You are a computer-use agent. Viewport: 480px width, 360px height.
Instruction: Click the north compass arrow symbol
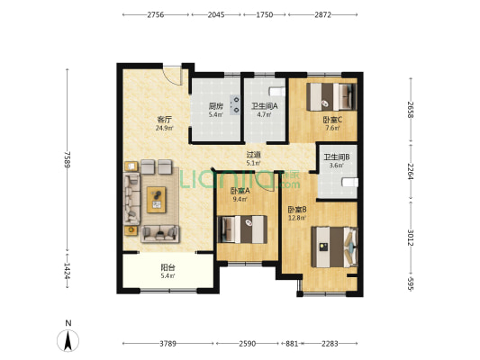[x=68, y=341]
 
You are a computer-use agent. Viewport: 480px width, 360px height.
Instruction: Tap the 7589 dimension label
[x=68, y=159]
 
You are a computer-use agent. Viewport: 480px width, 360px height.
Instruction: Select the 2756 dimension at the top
[x=156, y=14]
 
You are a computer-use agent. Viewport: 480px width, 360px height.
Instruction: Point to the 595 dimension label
[x=411, y=284]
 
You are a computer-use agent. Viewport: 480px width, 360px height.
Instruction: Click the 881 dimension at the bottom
[x=292, y=344]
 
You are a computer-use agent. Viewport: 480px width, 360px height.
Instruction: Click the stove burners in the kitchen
[x=236, y=104]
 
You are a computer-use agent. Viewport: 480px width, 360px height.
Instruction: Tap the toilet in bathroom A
[x=277, y=91]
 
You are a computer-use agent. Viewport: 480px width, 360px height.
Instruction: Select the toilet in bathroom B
[x=350, y=183]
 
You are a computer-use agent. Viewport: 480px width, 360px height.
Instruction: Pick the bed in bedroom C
[x=331, y=96]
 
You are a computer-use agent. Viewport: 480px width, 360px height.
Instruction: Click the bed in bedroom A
[x=242, y=229]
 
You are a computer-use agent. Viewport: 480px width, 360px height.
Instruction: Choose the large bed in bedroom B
[x=335, y=247]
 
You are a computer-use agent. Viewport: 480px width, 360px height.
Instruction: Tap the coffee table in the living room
[x=157, y=200]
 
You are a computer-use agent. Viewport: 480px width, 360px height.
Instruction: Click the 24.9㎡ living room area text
[x=165, y=128]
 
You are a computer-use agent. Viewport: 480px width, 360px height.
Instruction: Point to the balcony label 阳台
[x=168, y=267]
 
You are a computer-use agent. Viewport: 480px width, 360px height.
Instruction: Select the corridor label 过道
[x=254, y=155]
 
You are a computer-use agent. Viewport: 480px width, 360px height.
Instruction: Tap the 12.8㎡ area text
[x=297, y=218]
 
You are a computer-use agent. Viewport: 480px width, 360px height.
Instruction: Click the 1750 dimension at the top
[x=265, y=14]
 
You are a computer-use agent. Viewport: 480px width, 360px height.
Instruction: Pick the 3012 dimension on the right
[x=411, y=238]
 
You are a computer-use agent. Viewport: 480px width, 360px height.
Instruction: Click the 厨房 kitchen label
[x=216, y=106]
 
